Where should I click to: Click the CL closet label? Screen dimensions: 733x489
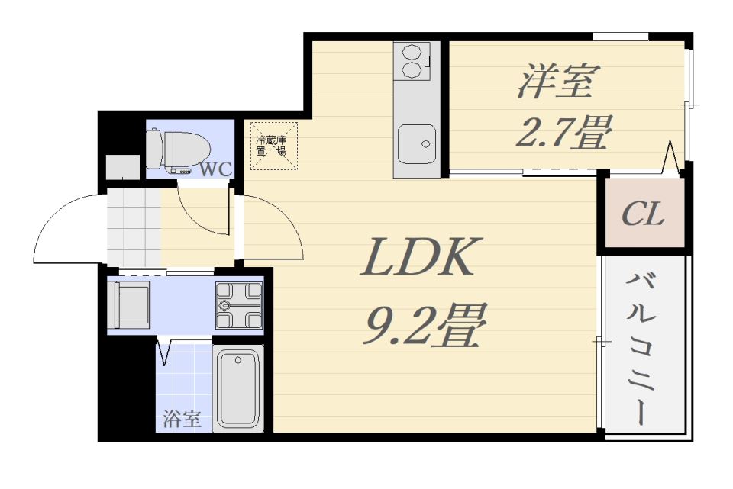643,214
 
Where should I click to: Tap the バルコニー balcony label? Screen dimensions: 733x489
639,349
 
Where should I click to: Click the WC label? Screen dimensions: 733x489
215,169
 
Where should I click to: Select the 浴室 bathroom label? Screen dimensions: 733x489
182,419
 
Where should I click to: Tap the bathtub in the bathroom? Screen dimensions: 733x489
238,388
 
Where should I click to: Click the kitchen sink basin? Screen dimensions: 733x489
417,144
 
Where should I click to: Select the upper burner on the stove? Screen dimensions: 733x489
412,51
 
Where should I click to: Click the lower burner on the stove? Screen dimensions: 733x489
412,70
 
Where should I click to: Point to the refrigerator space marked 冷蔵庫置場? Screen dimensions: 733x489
273,145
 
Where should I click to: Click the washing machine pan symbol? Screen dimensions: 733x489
239,305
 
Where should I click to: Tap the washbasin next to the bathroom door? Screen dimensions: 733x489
129,305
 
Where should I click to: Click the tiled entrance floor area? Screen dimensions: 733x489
134,227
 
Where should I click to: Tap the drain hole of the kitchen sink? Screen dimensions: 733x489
425,144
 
